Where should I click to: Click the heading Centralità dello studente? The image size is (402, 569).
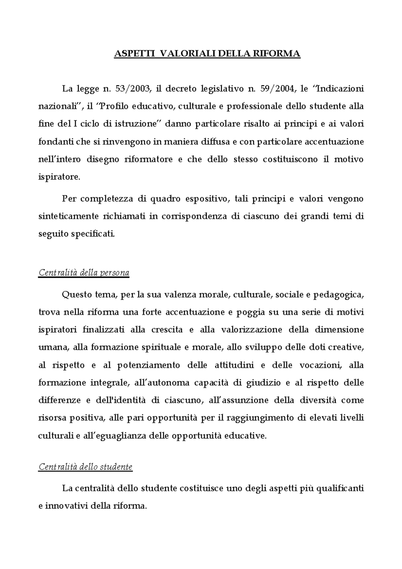(85, 466)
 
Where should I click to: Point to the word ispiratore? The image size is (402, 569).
(59, 177)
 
